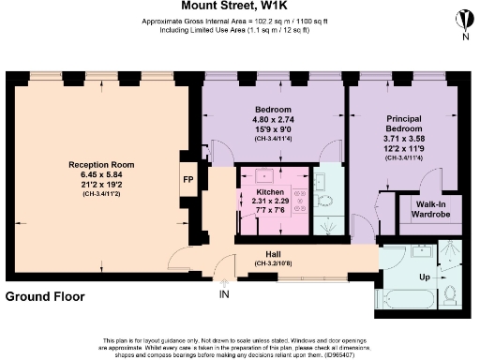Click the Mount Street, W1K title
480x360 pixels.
tap(240, 7)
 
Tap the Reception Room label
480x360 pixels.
tap(102, 165)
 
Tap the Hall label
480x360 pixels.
tap(272, 254)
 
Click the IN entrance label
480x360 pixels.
tap(224, 294)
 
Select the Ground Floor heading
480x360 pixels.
tap(45, 297)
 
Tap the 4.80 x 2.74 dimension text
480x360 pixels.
tap(274, 119)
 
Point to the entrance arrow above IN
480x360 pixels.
tap(224, 281)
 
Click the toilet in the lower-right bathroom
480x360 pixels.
tap(449, 297)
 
